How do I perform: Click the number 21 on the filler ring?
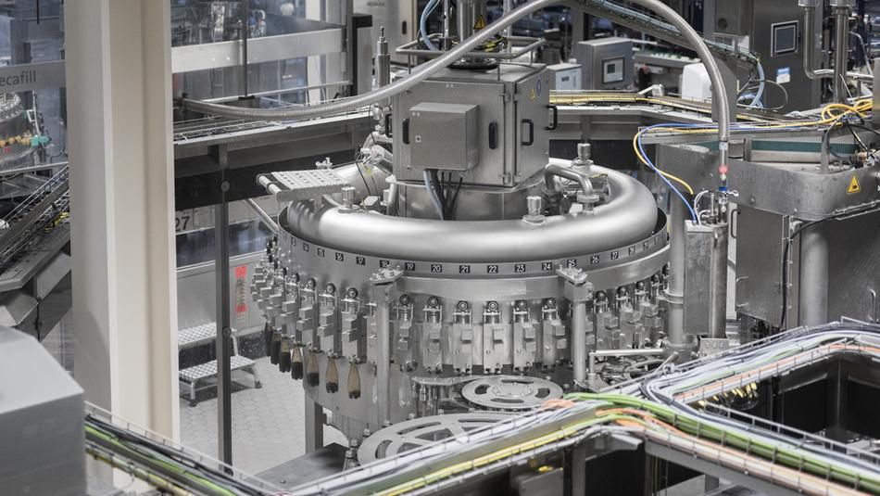point(464,269)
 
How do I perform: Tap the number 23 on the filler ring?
point(520,268)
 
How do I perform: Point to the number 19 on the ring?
point(409,265)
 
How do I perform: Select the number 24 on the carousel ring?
point(547,266)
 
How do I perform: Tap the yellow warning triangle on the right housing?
point(853,184)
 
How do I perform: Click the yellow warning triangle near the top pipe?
point(481,21)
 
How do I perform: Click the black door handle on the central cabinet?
point(527,132)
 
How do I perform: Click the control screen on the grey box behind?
point(613,70)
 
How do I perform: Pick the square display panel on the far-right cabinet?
point(785,37)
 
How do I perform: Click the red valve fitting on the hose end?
point(723,172)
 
